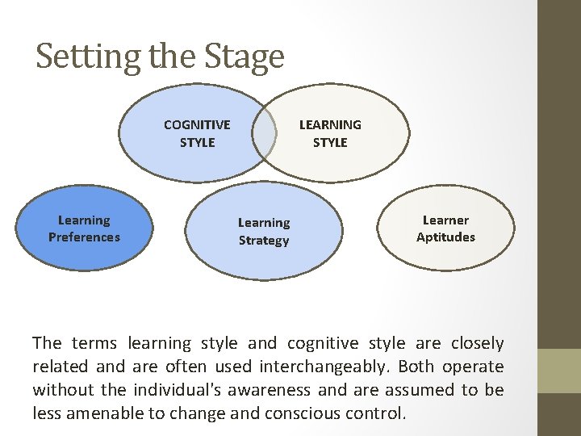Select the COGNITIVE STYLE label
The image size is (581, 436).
coord(197,133)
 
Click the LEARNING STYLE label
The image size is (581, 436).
coord(330,133)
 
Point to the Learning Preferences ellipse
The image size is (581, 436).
coord(84,228)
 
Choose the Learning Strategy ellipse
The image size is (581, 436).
coord(263,231)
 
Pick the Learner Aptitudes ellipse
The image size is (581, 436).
coord(445,228)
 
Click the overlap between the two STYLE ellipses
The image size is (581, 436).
coord(264,132)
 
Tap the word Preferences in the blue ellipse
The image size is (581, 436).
coord(84,237)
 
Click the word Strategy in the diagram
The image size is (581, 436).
coord(263,241)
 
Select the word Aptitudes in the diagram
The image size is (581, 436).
coord(445,237)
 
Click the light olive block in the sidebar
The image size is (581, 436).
coord(559,371)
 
